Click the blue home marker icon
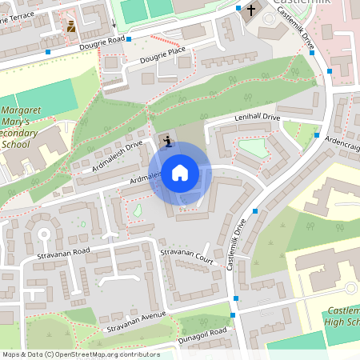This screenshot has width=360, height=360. tap(180, 172)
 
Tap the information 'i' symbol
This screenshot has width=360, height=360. tap(166, 142)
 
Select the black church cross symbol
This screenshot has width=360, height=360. tap(251, 10)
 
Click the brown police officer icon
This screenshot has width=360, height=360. tap(71, 26)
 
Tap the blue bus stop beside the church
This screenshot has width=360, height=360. tap(239, 8)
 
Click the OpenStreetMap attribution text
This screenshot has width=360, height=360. tap(80, 354)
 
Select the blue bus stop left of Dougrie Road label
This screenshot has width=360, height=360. tap(49, 51)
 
